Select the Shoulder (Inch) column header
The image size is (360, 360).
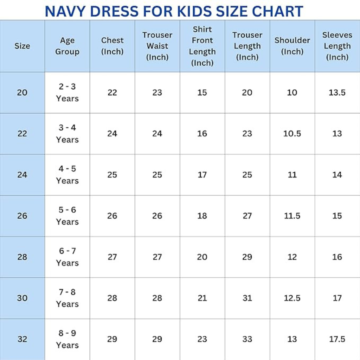pyautogui.click(x=292, y=46)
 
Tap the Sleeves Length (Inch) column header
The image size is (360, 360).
pyautogui.click(x=337, y=46)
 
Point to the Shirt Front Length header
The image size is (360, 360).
pyautogui.click(x=202, y=46)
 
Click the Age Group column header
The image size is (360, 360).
pyautogui.click(x=67, y=46)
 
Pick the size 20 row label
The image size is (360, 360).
pyautogui.click(x=22, y=92)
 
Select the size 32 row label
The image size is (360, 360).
pyautogui.click(x=22, y=339)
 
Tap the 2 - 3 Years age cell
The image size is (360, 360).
pyautogui.click(x=67, y=92)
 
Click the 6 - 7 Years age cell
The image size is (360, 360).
pyautogui.click(x=67, y=257)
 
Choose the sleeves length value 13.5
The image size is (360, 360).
pyautogui.click(x=337, y=92)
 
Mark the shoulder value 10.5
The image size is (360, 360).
pyautogui.click(x=292, y=134)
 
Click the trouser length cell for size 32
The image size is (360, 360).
pyautogui.click(x=247, y=339)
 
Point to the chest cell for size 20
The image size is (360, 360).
pyautogui.click(x=112, y=92)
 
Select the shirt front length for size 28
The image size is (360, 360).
pyautogui.click(x=202, y=257)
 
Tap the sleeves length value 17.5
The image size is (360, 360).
pyautogui.click(x=337, y=339)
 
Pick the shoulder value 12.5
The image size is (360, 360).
pyautogui.click(x=292, y=298)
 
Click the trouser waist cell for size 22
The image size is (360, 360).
pyautogui.click(x=157, y=134)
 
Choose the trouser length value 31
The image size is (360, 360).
pyautogui.click(x=247, y=298)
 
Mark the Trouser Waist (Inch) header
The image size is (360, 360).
pyautogui.click(x=157, y=46)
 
